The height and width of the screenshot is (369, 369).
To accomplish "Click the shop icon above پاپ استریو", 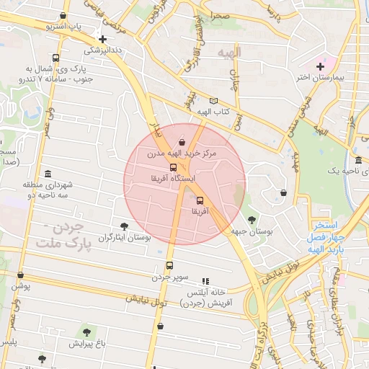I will [x=64, y=16].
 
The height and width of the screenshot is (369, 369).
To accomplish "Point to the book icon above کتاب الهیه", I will [x=213, y=102].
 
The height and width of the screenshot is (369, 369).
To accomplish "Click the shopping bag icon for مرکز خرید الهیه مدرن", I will [x=182, y=142].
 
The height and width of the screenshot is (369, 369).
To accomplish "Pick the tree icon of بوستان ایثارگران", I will [x=125, y=226].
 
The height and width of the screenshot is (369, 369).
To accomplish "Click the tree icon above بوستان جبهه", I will [x=251, y=220].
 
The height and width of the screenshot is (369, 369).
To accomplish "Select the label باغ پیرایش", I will [x=87, y=343].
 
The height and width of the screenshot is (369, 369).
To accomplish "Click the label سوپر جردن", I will [x=169, y=276].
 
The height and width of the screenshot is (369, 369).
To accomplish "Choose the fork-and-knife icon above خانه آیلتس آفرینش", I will [x=205, y=281].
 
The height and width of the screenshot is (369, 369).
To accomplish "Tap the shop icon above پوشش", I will [x=20, y=275].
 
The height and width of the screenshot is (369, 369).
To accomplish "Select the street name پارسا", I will [x=272, y=11].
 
